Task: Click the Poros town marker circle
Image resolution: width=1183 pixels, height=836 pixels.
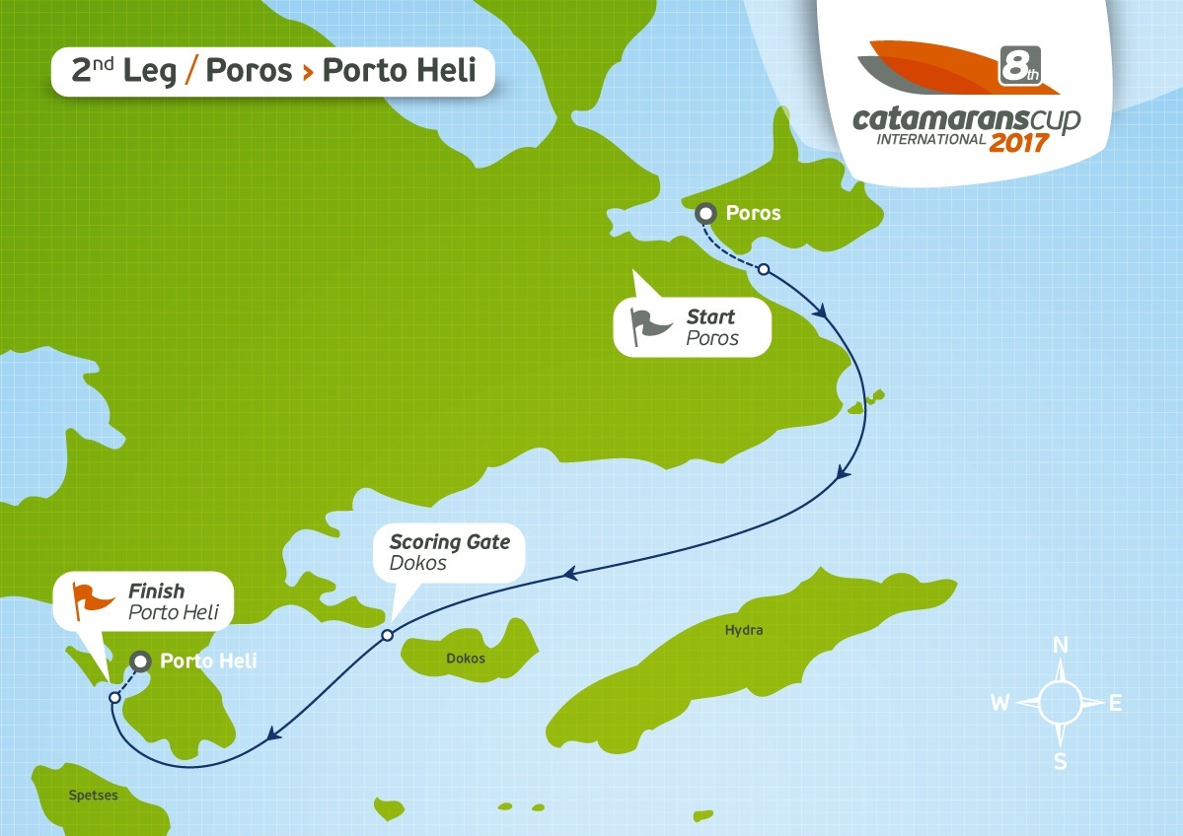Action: [x=705, y=213]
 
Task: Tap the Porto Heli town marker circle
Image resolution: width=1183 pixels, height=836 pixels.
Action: [x=141, y=661]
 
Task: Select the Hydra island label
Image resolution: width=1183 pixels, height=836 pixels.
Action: [x=743, y=630]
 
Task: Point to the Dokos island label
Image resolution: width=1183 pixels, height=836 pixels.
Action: [x=466, y=659]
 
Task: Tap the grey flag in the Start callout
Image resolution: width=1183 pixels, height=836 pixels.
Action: [x=650, y=324]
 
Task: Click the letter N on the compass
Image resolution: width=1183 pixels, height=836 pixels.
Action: [x=1062, y=646]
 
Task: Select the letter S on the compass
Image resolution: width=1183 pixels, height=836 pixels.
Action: [x=1061, y=760]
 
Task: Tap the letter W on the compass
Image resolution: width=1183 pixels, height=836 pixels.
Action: [x=999, y=703]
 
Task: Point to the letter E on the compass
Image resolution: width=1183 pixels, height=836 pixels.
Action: [x=1116, y=703]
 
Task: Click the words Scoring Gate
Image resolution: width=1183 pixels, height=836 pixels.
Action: [x=450, y=542]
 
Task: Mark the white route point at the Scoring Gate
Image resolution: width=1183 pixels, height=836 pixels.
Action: [x=388, y=635]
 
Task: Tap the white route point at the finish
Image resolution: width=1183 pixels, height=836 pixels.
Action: [x=114, y=697]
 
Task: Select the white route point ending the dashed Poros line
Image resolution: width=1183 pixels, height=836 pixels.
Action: [x=763, y=268]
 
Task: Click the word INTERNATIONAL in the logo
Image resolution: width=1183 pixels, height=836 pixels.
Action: [x=931, y=139]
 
